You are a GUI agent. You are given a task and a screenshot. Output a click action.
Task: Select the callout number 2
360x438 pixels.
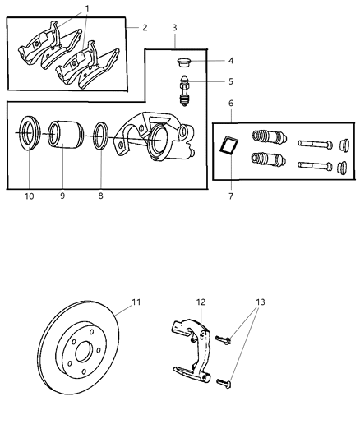(x=145, y=27)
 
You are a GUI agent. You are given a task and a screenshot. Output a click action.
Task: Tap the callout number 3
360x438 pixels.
(x=174, y=27)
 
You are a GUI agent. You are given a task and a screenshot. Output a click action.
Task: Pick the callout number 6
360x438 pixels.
(x=230, y=104)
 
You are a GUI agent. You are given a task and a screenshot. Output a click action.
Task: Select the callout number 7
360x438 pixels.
(x=231, y=197)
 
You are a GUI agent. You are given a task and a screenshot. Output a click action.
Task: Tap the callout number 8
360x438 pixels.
(x=101, y=197)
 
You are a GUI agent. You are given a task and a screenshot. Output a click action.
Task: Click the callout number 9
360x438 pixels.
(x=62, y=197)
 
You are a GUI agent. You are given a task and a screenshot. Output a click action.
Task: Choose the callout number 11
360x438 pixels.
(x=136, y=302)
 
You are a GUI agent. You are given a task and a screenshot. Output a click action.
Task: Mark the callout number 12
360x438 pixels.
(x=200, y=302)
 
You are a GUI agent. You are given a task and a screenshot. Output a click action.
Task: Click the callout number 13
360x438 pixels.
(x=261, y=302)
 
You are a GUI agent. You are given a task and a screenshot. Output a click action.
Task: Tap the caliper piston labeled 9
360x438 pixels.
(x=62, y=138)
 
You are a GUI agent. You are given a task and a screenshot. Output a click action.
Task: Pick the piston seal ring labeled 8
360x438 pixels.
(x=101, y=136)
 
